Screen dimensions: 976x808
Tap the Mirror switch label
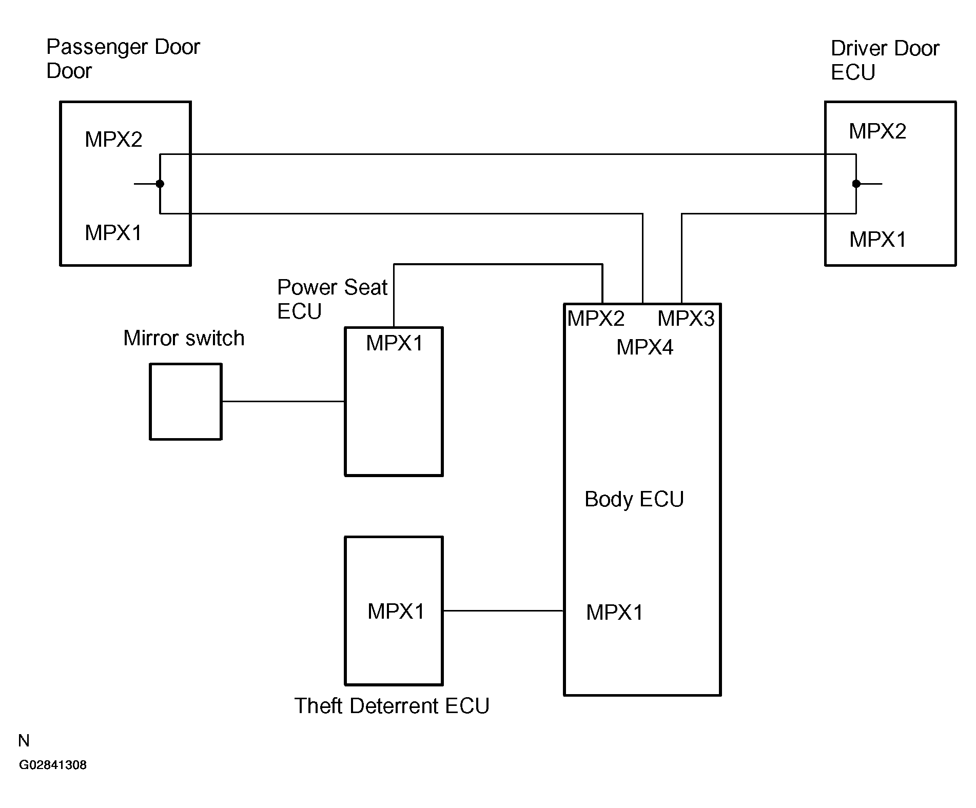click(184, 339)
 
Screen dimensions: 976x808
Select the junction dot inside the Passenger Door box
click(160, 184)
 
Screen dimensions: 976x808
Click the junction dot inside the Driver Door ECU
click(856, 184)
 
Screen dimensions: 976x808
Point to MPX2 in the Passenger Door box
click(113, 140)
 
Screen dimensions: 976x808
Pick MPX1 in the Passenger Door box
click(113, 233)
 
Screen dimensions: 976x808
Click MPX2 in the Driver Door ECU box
click(877, 131)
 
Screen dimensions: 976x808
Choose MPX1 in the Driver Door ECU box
click(877, 240)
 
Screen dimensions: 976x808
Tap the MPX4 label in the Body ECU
click(645, 347)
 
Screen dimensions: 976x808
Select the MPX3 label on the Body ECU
click(686, 319)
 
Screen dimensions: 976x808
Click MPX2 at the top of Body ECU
click(596, 319)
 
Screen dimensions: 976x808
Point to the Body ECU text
click(634, 499)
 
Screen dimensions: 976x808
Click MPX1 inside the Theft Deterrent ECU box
click(396, 611)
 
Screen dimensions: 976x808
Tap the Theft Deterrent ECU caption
click(392, 706)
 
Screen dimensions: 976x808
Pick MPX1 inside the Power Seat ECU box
click(394, 343)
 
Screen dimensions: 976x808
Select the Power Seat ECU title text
click(332, 299)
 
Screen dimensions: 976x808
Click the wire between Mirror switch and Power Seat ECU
click(283, 401)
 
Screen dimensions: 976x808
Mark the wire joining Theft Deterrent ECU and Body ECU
click(503, 610)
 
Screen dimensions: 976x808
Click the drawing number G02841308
click(53, 765)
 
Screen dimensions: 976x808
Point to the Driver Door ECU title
click(885, 61)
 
